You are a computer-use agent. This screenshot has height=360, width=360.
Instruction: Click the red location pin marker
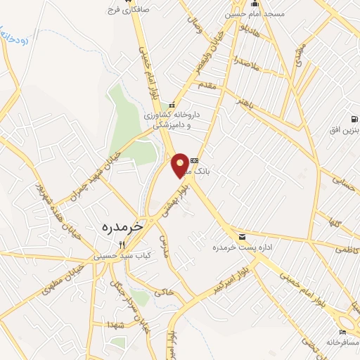coord(181,165)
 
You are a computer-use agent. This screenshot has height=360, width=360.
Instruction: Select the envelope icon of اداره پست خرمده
coord(242,236)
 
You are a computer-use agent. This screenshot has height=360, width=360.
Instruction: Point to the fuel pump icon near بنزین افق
coord(356,118)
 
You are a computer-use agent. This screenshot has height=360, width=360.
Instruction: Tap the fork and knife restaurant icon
coord(121,245)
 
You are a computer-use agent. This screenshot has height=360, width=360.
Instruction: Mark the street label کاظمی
coord(347,250)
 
